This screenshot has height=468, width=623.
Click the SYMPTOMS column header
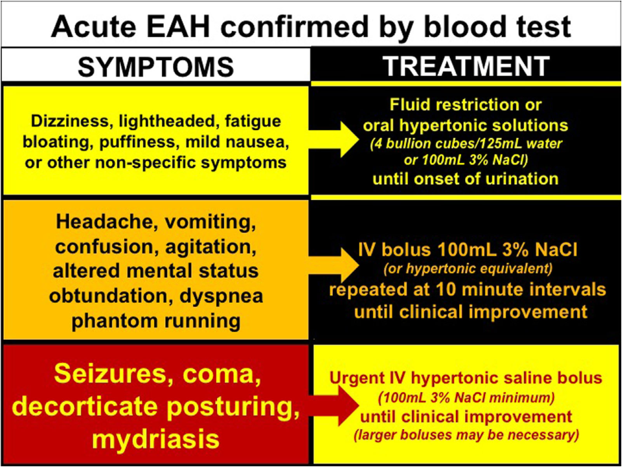click(155, 66)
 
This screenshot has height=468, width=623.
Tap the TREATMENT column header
click(466, 66)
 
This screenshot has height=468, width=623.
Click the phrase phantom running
click(155, 320)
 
